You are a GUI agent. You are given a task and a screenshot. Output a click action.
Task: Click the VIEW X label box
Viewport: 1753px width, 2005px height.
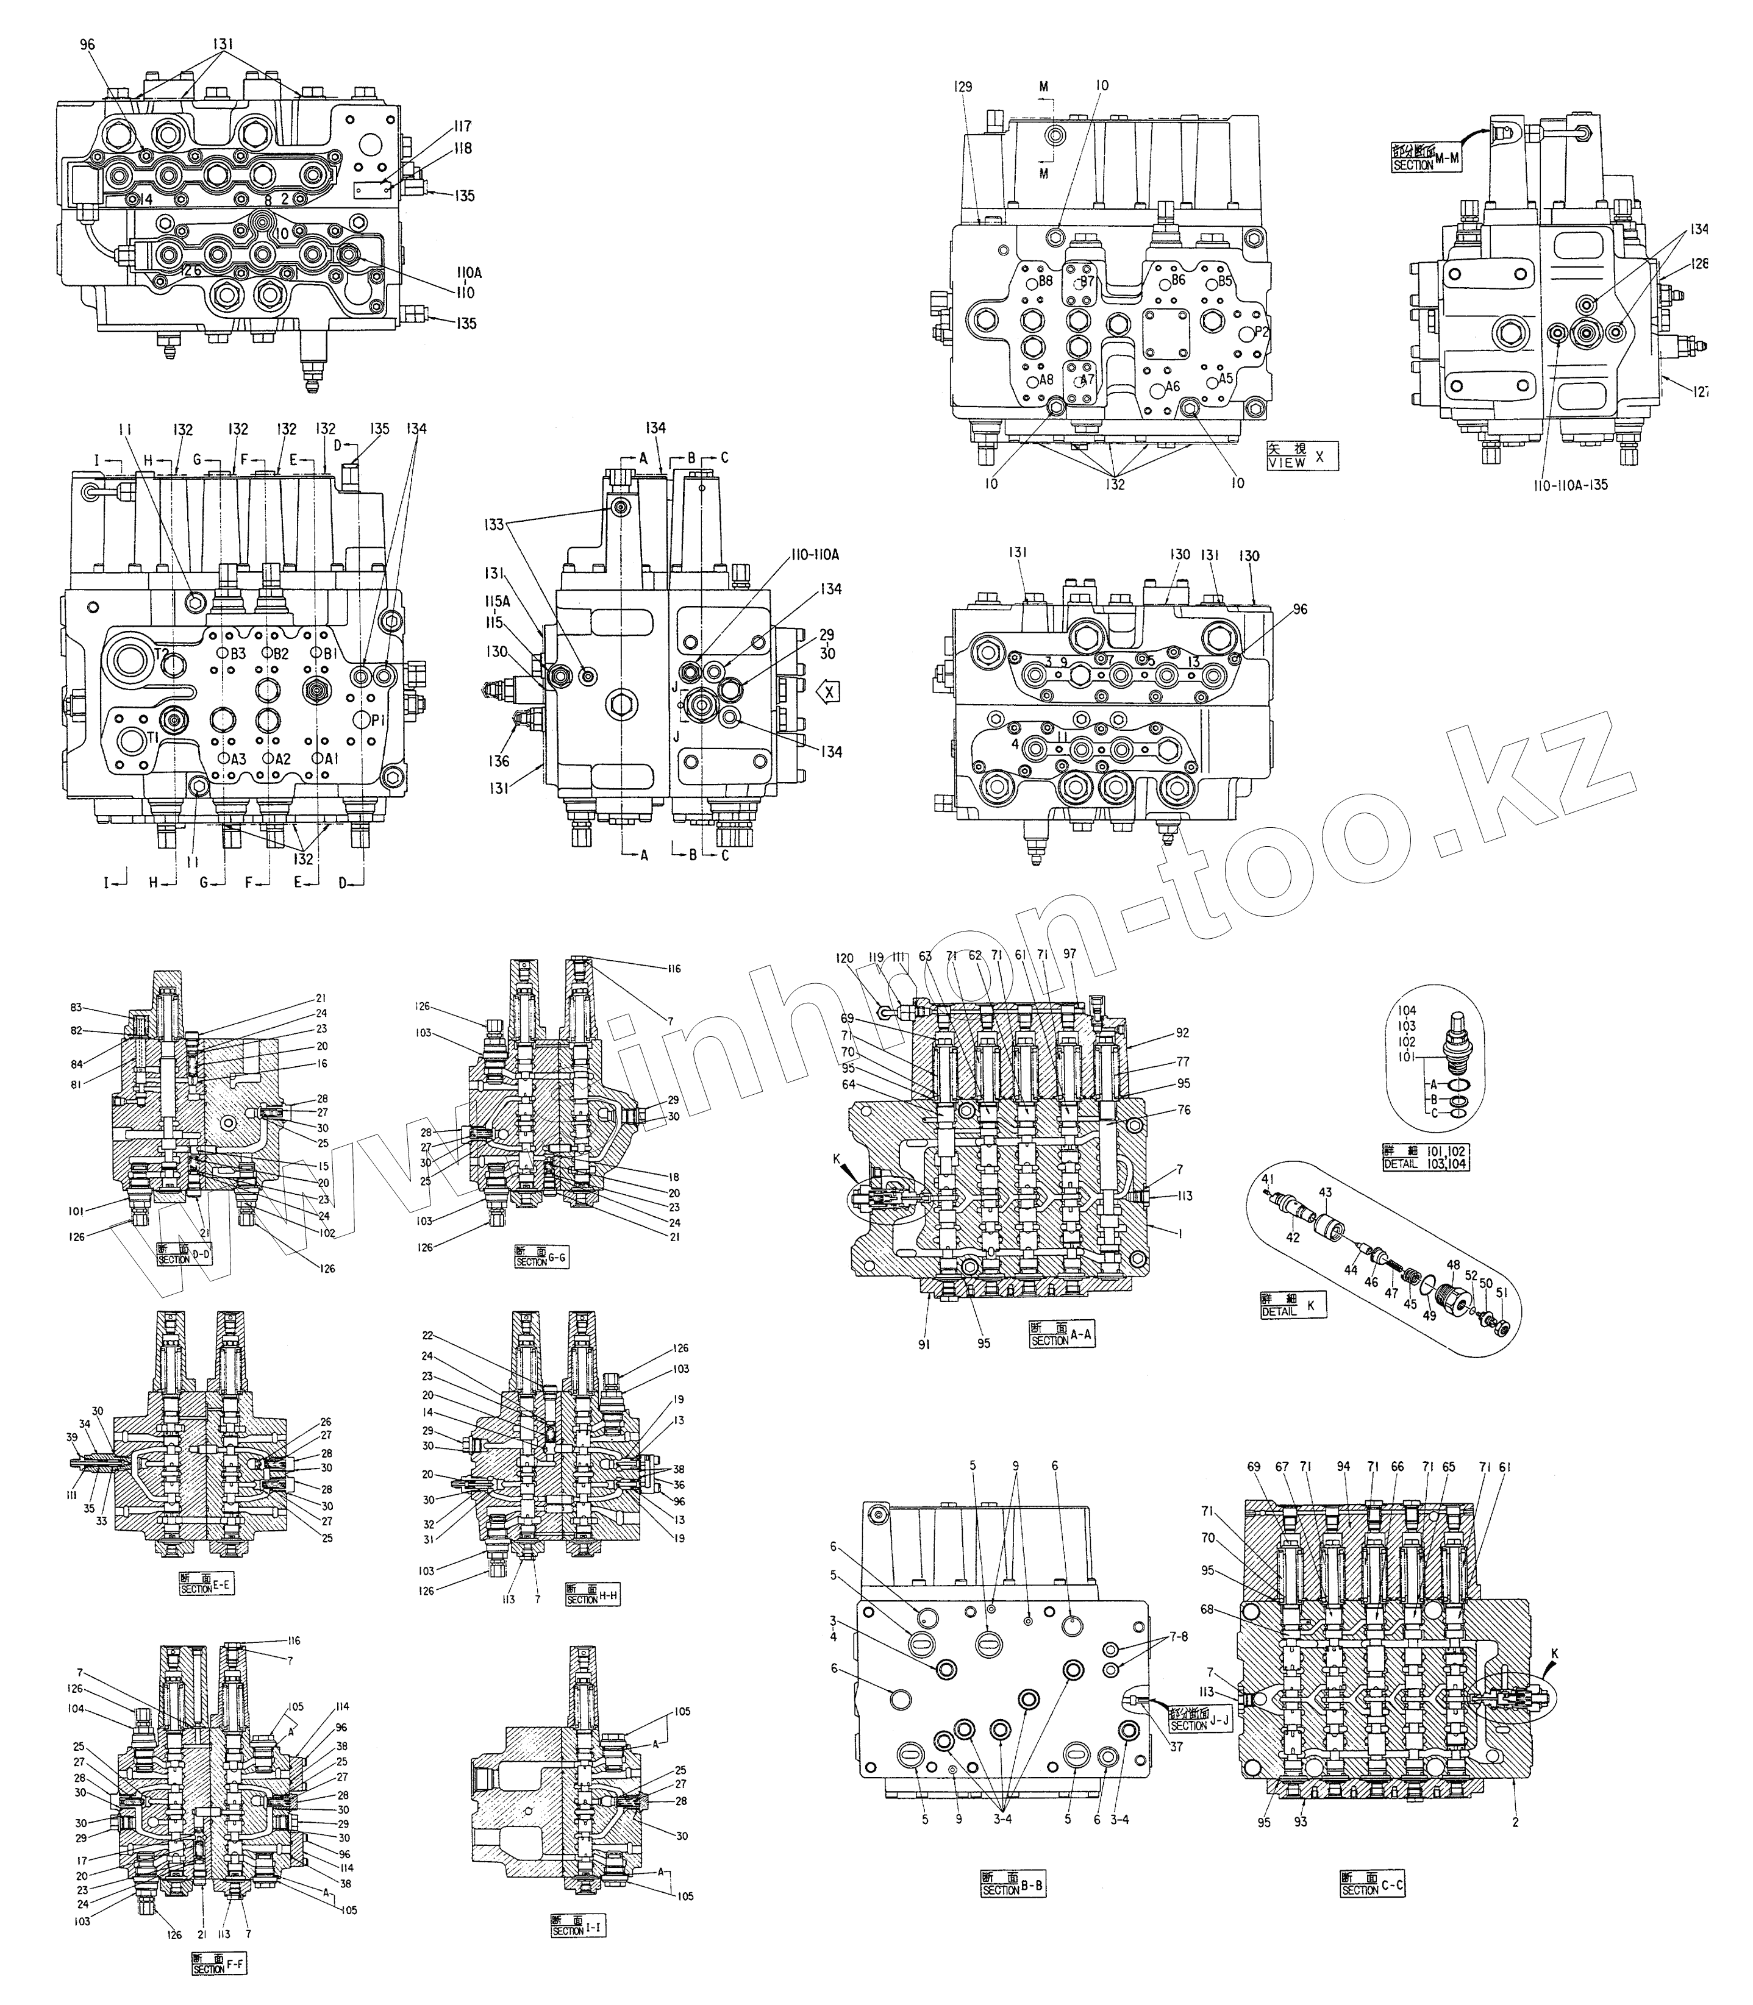coord(1301,456)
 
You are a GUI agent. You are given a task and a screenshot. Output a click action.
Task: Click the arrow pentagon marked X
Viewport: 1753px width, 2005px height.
coord(827,693)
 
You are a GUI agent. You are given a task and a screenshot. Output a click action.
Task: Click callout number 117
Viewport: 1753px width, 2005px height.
coord(462,126)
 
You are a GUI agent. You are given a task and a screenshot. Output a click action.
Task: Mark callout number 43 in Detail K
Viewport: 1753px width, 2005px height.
coord(1326,1192)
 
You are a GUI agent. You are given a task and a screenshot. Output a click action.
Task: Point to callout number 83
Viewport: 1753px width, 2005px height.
coord(102,1008)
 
